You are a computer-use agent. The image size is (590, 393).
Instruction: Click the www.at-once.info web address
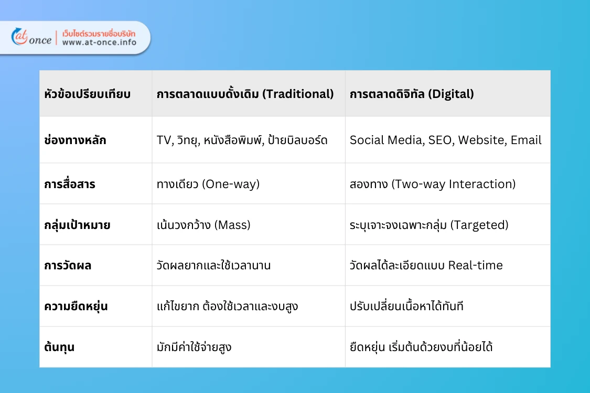99,42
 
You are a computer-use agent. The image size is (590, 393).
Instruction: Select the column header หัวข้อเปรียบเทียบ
88,94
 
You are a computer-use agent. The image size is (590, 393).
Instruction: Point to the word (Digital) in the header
449,94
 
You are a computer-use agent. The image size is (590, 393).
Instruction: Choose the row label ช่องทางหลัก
75,140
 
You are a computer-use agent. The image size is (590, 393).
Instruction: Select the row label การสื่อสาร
70,184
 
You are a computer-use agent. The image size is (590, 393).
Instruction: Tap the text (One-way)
231,184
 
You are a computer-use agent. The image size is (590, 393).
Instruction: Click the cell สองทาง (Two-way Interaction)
433,184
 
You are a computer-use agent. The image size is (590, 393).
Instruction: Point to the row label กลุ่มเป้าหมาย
77,225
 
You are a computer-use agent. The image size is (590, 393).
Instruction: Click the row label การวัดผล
68,266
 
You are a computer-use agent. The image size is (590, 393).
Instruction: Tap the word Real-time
475,266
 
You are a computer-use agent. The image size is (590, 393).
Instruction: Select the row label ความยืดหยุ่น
76,307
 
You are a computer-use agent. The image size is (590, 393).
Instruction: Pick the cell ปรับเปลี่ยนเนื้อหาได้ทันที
406,307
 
